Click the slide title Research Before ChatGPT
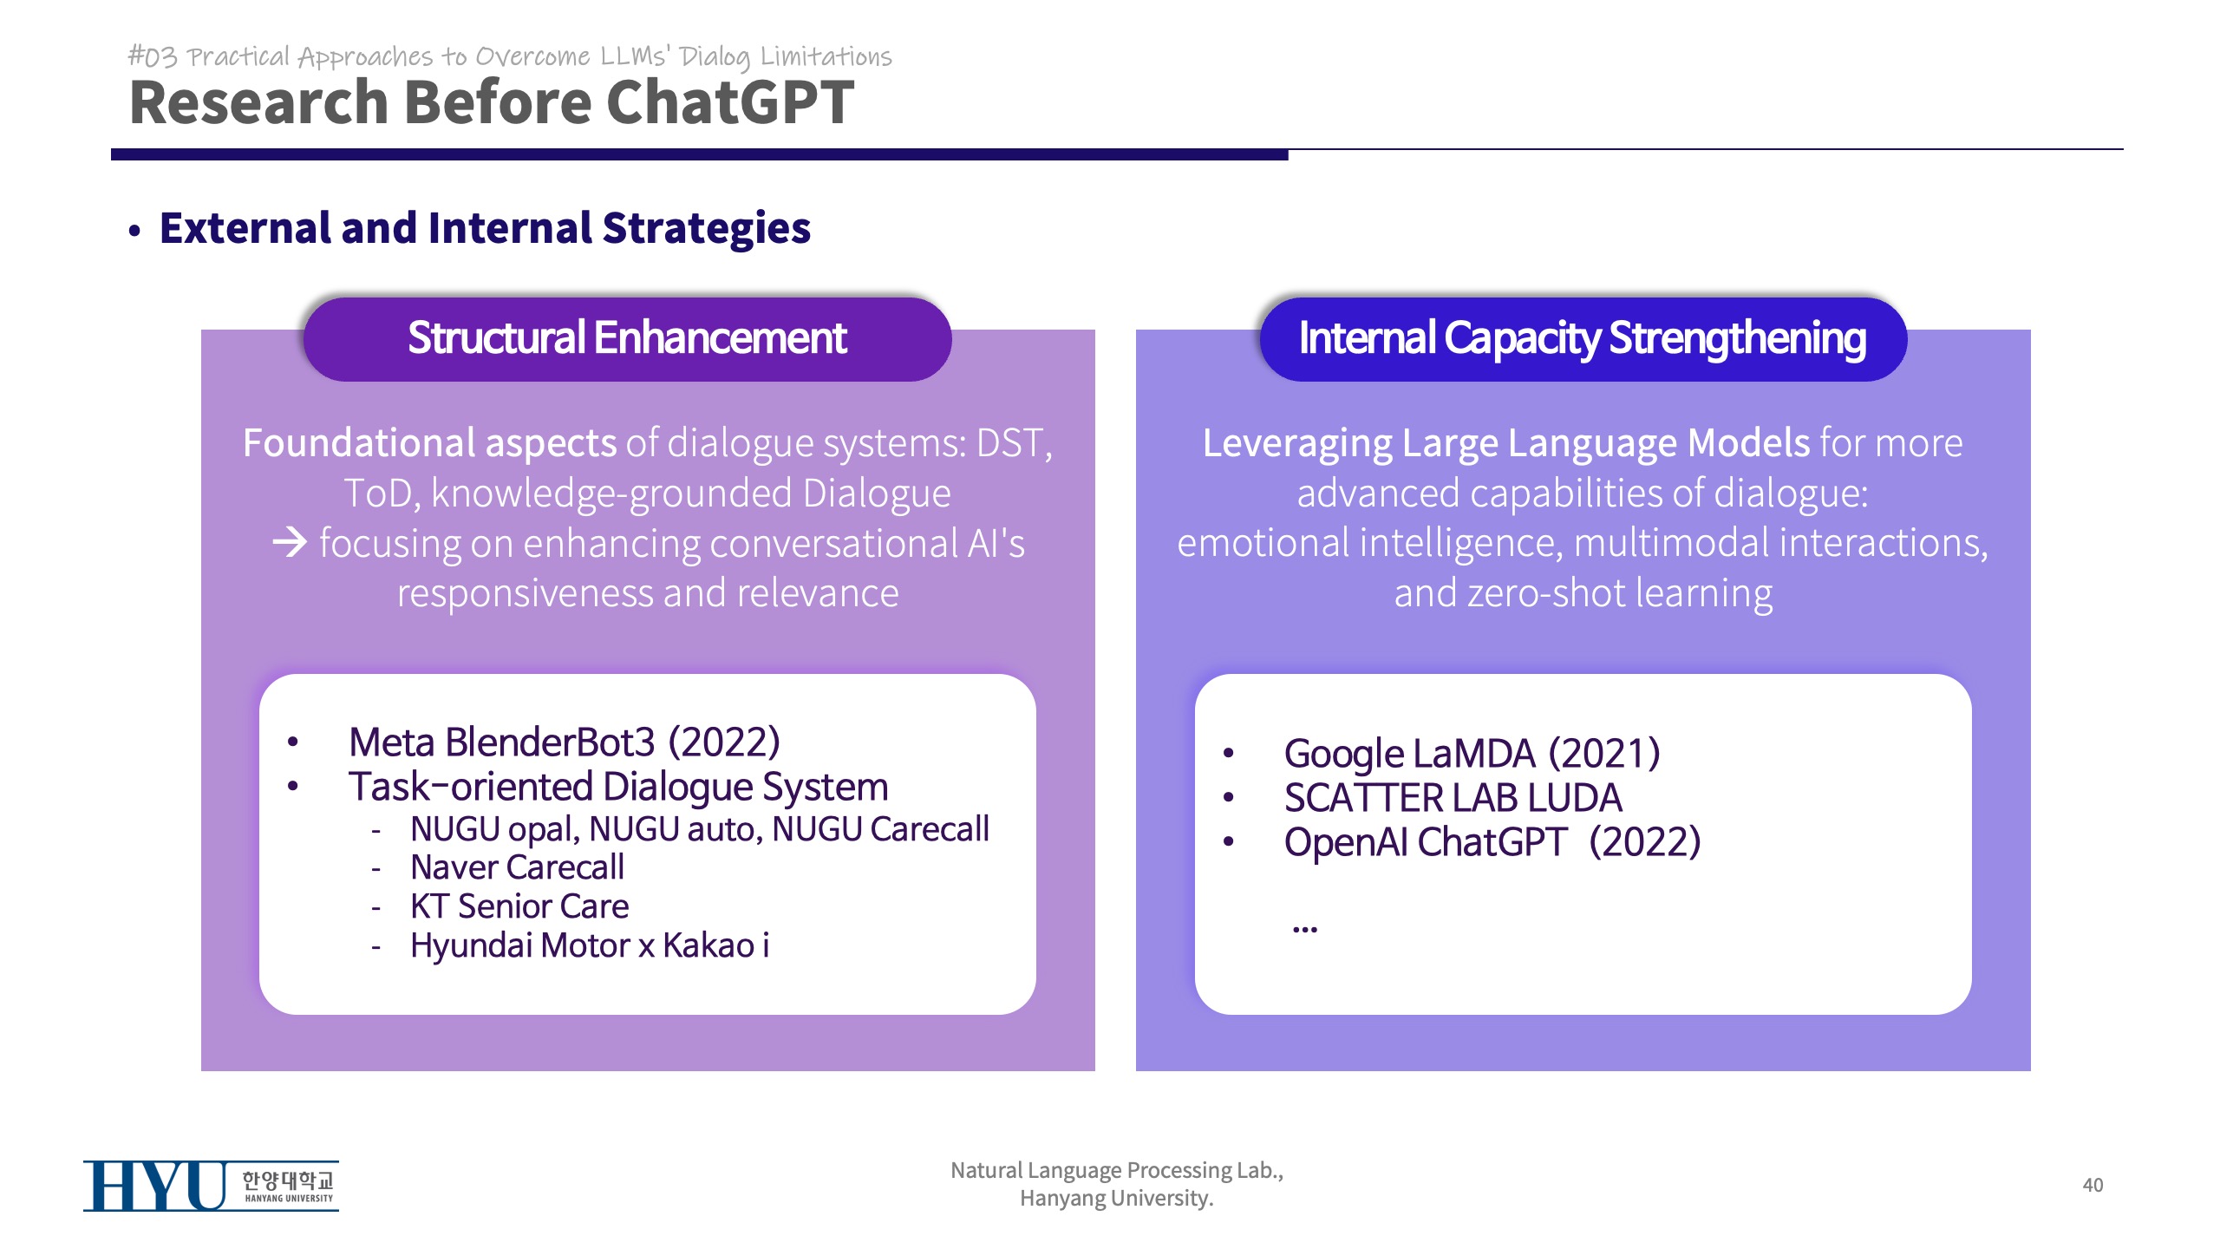pyautogui.click(x=492, y=102)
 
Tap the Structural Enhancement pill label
pyautogui.click(x=627, y=338)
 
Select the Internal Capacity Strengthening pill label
pyautogui.click(x=1583, y=338)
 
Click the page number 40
pyautogui.click(x=2093, y=1185)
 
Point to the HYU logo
pyautogui.click(x=211, y=1185)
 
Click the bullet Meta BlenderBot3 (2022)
pyautogui.click(x=565, y=742)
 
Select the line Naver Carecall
pyautogui.click(x=517, y=867)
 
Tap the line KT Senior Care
pyautogui.click(x=519, y=906)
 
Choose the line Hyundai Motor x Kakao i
pyautogui.click(x=590, y=945)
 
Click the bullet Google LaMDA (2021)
pyautogui.click(x=1472, y=753)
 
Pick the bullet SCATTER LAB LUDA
pyautogui.click(x=1453, y=798)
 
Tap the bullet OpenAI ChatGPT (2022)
pyautogui.click(x=1492, y=842)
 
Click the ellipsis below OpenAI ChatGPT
pyautogui.click(x=1304, y=929)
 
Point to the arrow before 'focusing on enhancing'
pyautogui.click(x=290, y=543)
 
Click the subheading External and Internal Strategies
pyautogui.click(x=485, y=228)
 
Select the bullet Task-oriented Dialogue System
pyautogui.click(x=618, y=788)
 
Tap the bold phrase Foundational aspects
pyautogui.click(x=429, y=443)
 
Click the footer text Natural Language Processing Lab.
pyautogui.click(x=1117, y=1171)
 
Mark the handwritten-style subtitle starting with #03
pyautogui.click(x=510, y=56)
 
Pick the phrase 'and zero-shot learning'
pyautogui.click(x=1583, y=594)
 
